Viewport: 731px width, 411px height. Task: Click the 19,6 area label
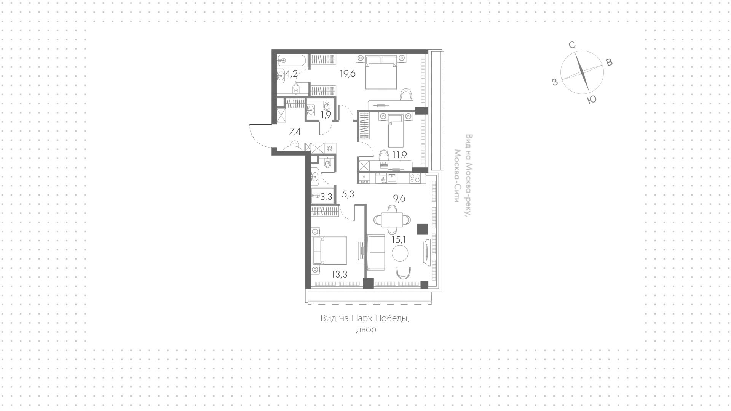(x=348, y=74)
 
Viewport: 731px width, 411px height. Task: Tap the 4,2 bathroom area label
(x=291, y=74)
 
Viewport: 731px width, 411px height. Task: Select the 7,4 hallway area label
(x=295, y=132)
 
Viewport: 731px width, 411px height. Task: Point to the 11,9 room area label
(x=399, y=155)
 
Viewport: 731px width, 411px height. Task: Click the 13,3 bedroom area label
(x=339, y=274)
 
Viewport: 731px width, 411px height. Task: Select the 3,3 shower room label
(x=326, y=197)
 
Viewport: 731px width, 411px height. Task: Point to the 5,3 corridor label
(x=348, y=194)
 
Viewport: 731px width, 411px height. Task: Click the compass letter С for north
(x=572, y=45)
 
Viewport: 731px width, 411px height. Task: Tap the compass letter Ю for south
(x=592, y=100)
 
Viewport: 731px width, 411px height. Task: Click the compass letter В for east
(x=609, y=63)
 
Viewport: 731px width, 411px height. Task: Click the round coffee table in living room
(x=400, y=252)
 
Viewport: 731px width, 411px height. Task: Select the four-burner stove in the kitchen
(x=415, y=178)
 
